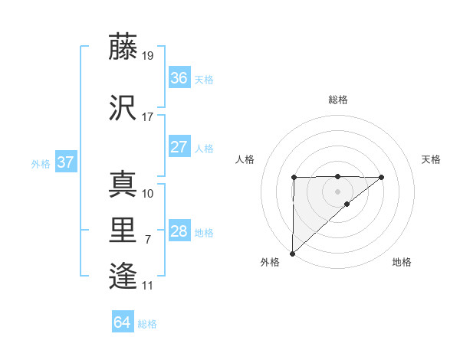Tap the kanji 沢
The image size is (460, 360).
coord(123,109)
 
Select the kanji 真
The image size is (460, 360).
coord(123,184)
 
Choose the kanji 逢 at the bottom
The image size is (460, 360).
coord(123,277)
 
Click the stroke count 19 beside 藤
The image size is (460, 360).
coord(149,56)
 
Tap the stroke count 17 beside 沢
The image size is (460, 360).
coord(148,117)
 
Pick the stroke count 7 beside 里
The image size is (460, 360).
coord(148,240)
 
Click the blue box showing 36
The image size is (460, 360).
coord(179,78)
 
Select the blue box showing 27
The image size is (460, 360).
coord(179,147)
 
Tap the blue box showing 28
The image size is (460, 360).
coord(179,231)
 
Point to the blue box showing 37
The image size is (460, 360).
coord(65,162)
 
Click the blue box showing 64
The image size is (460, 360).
coord(122,322)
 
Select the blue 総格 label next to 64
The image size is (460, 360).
coord(147,324)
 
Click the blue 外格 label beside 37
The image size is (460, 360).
coord(41,164)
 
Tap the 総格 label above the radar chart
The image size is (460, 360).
coord(337,100)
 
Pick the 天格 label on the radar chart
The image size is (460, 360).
coord(432,159)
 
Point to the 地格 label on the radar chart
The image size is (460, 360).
coord(402,262)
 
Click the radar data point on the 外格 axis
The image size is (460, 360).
coord(292,253)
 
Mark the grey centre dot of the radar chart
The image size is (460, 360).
coord(337,191)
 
